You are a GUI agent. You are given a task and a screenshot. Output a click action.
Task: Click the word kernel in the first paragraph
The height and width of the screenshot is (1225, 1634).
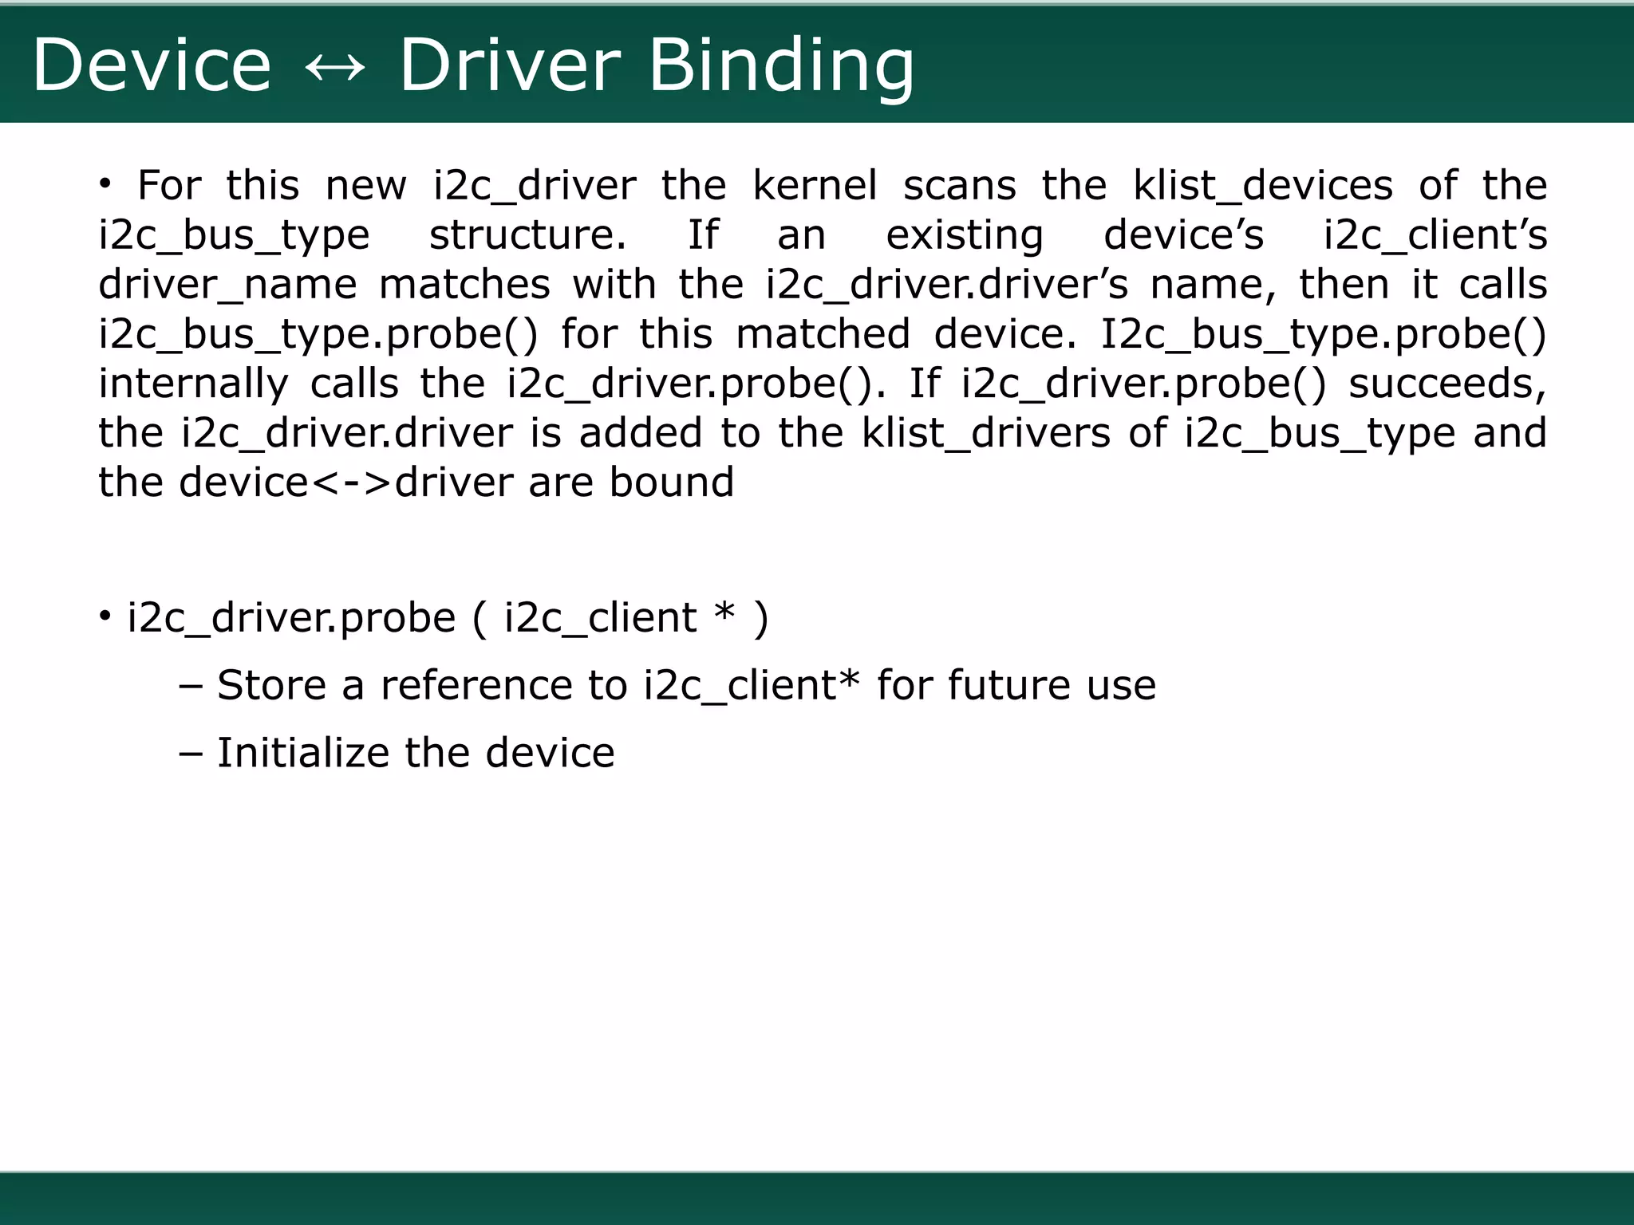tap(814, 186)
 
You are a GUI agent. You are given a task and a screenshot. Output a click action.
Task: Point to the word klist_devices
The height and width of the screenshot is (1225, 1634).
tap(1262, 186)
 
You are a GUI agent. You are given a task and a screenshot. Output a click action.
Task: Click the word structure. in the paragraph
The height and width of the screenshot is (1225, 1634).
tap(527, 235)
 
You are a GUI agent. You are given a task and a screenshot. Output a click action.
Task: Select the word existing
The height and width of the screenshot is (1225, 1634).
tap(964, 235)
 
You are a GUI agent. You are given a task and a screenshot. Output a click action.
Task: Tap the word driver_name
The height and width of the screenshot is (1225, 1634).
tap(227, 285)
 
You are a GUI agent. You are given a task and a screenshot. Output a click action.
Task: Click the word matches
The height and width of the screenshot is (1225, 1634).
tap(464, 285)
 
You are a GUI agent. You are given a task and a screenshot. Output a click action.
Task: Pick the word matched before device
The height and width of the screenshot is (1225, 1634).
tap(822, 334)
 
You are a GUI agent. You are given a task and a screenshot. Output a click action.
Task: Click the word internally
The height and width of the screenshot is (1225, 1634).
tap(193, 384)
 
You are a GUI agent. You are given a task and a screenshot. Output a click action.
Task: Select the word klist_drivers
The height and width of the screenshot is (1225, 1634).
tap(985, 433)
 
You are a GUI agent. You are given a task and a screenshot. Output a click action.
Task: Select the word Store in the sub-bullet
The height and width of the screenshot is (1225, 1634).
tap(271, 685)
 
